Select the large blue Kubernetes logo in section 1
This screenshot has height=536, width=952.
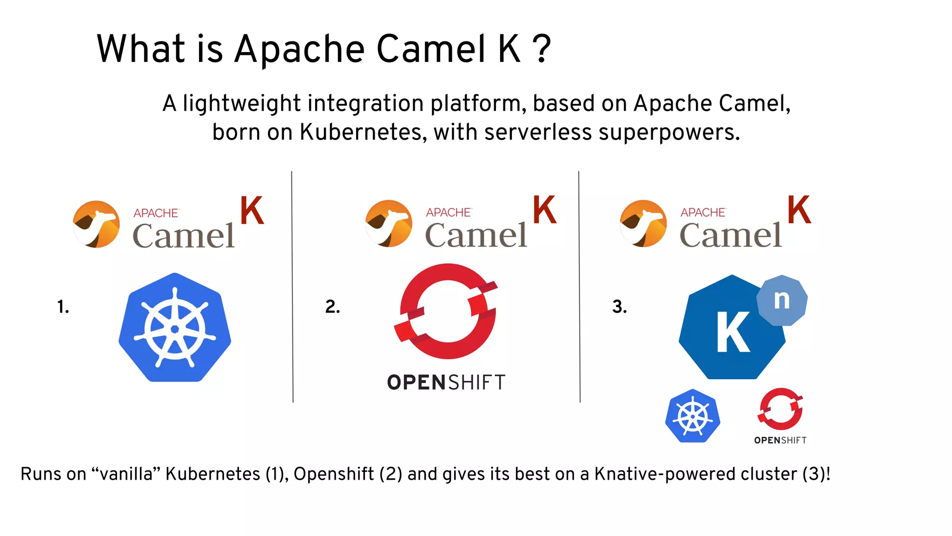[x=175, y=328]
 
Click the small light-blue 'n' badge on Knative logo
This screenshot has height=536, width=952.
[x=782, y=300]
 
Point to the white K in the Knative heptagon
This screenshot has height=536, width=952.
[x=733, y=332]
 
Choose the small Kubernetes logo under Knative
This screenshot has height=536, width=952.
[x=693, y=415]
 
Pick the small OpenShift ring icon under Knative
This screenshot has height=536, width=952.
[x=780, y=409]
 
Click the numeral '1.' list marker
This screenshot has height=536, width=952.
[x=63, y=307]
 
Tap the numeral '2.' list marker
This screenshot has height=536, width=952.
[x=332, y=307]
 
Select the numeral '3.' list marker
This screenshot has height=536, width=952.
[x=619, y=307]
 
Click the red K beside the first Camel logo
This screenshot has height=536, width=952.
[x=252, y=211]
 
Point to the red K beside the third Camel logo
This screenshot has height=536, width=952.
[x=799, y=210]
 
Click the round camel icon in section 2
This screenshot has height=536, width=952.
[x=389, y=223]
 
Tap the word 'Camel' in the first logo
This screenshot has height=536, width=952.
[x=184, y=236]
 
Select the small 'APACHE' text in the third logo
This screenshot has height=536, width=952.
[x=703, y=213]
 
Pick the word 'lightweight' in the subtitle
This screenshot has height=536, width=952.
[x=242, y=103]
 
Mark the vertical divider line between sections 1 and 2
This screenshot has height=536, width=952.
[x=292, y=286]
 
